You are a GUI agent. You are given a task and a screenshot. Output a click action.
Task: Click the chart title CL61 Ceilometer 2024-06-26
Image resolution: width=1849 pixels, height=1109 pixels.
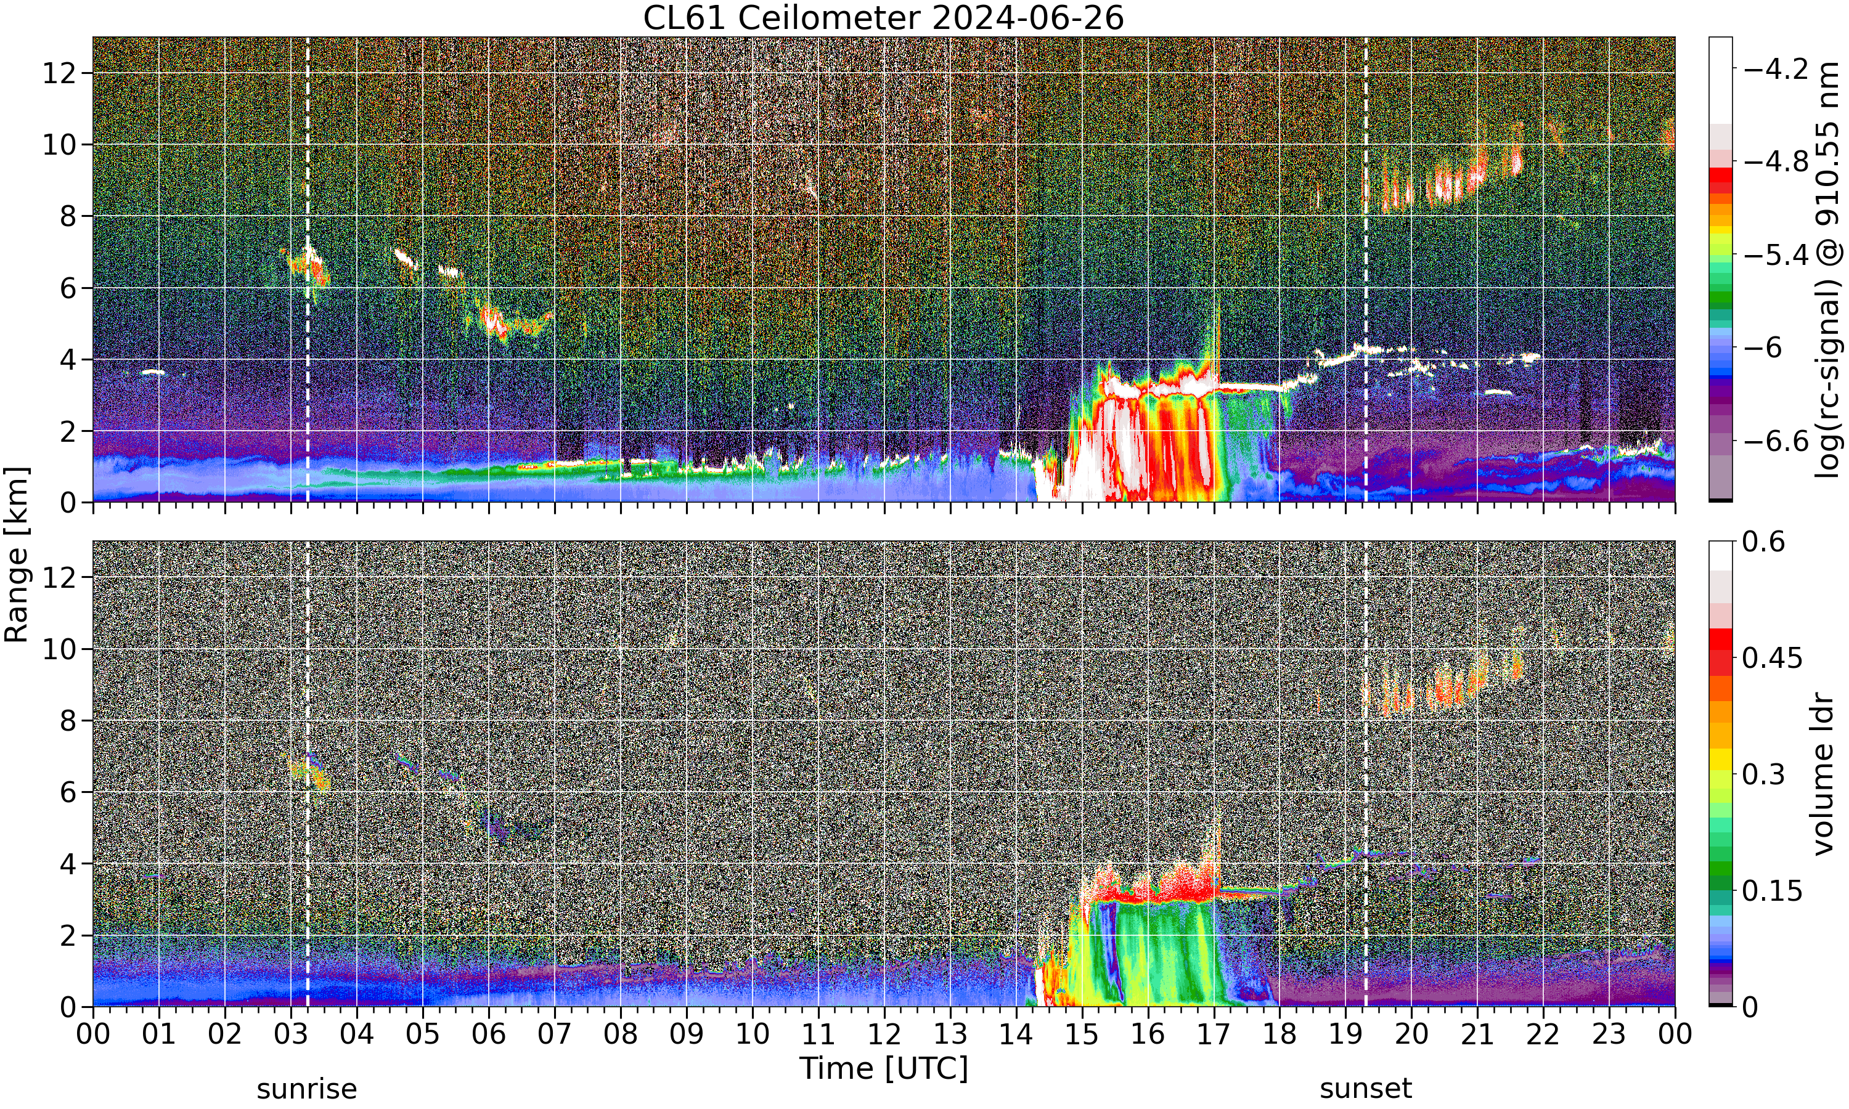click(883, 18)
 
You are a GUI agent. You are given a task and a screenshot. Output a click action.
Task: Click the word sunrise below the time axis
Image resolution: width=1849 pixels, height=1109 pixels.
click(306, 1089)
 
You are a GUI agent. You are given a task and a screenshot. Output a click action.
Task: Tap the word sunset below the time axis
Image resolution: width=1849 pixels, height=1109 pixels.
click(1365, 1089)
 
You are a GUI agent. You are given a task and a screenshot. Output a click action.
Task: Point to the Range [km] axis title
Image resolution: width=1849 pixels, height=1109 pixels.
click(17, 554)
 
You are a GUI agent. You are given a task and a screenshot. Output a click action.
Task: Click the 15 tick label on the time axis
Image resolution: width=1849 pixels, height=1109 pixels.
click(1082, 1034)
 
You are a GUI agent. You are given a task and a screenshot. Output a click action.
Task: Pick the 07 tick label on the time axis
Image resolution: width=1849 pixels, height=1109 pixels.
click(555, 1034)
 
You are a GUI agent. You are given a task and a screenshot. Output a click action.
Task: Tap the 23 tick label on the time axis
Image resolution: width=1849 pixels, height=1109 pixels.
click(1609, 1034)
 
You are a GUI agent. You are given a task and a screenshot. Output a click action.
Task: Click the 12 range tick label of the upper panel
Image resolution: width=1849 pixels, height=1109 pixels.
click(60, 73)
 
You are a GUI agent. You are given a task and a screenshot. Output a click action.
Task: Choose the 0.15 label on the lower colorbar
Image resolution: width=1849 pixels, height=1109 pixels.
click(1772, 891)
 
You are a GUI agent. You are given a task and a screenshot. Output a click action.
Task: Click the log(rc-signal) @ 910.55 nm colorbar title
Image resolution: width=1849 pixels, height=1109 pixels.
click(1827, 270)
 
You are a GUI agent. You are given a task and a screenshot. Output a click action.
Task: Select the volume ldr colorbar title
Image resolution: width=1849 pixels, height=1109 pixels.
click(1823, 774)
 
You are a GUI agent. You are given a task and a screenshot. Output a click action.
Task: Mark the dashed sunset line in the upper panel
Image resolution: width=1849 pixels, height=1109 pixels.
click(1365, 270)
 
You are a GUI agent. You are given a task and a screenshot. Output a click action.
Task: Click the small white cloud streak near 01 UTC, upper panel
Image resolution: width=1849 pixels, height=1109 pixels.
click(152, 372)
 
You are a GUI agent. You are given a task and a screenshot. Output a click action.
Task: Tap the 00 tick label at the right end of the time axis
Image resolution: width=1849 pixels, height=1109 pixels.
click(1674, 1034)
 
